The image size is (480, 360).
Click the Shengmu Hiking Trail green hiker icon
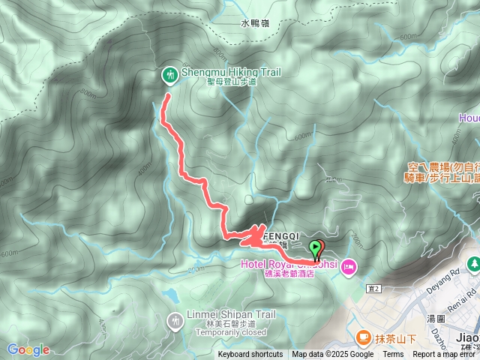(170, 73)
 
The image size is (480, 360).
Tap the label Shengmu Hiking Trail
(231, 72)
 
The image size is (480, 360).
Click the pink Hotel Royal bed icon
(349, 266)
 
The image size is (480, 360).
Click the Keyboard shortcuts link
(250, 355)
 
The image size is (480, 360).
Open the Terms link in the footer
(393, 355)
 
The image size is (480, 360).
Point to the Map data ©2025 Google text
(332, 355)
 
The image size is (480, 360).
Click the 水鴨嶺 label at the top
(254, 23)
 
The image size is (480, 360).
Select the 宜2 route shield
(375, 288)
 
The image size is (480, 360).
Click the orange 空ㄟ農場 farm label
(443, 167)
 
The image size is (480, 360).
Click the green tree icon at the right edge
(474, 265)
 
